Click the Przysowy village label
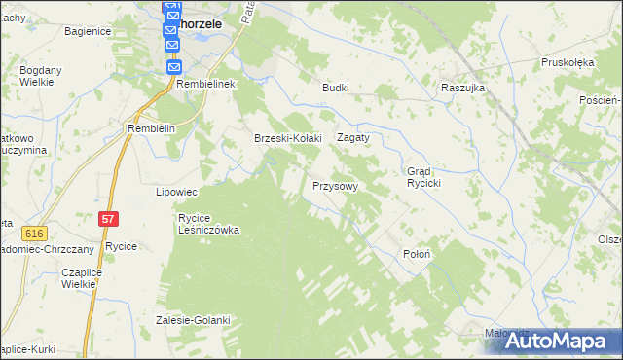pyautogui.click(x=335, y=185)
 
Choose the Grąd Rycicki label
pyautogui.click(x=424, y=177)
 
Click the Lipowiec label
pyautogui.click(x=177, y=192)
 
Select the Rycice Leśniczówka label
pyautogui.click(x=208, y=224)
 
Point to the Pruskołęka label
pyautogui.click(x=568, y=62)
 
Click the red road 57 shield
pyautogui.click(x=108, y=222)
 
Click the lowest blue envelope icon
pyautogui.click(x=173, y=67)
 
